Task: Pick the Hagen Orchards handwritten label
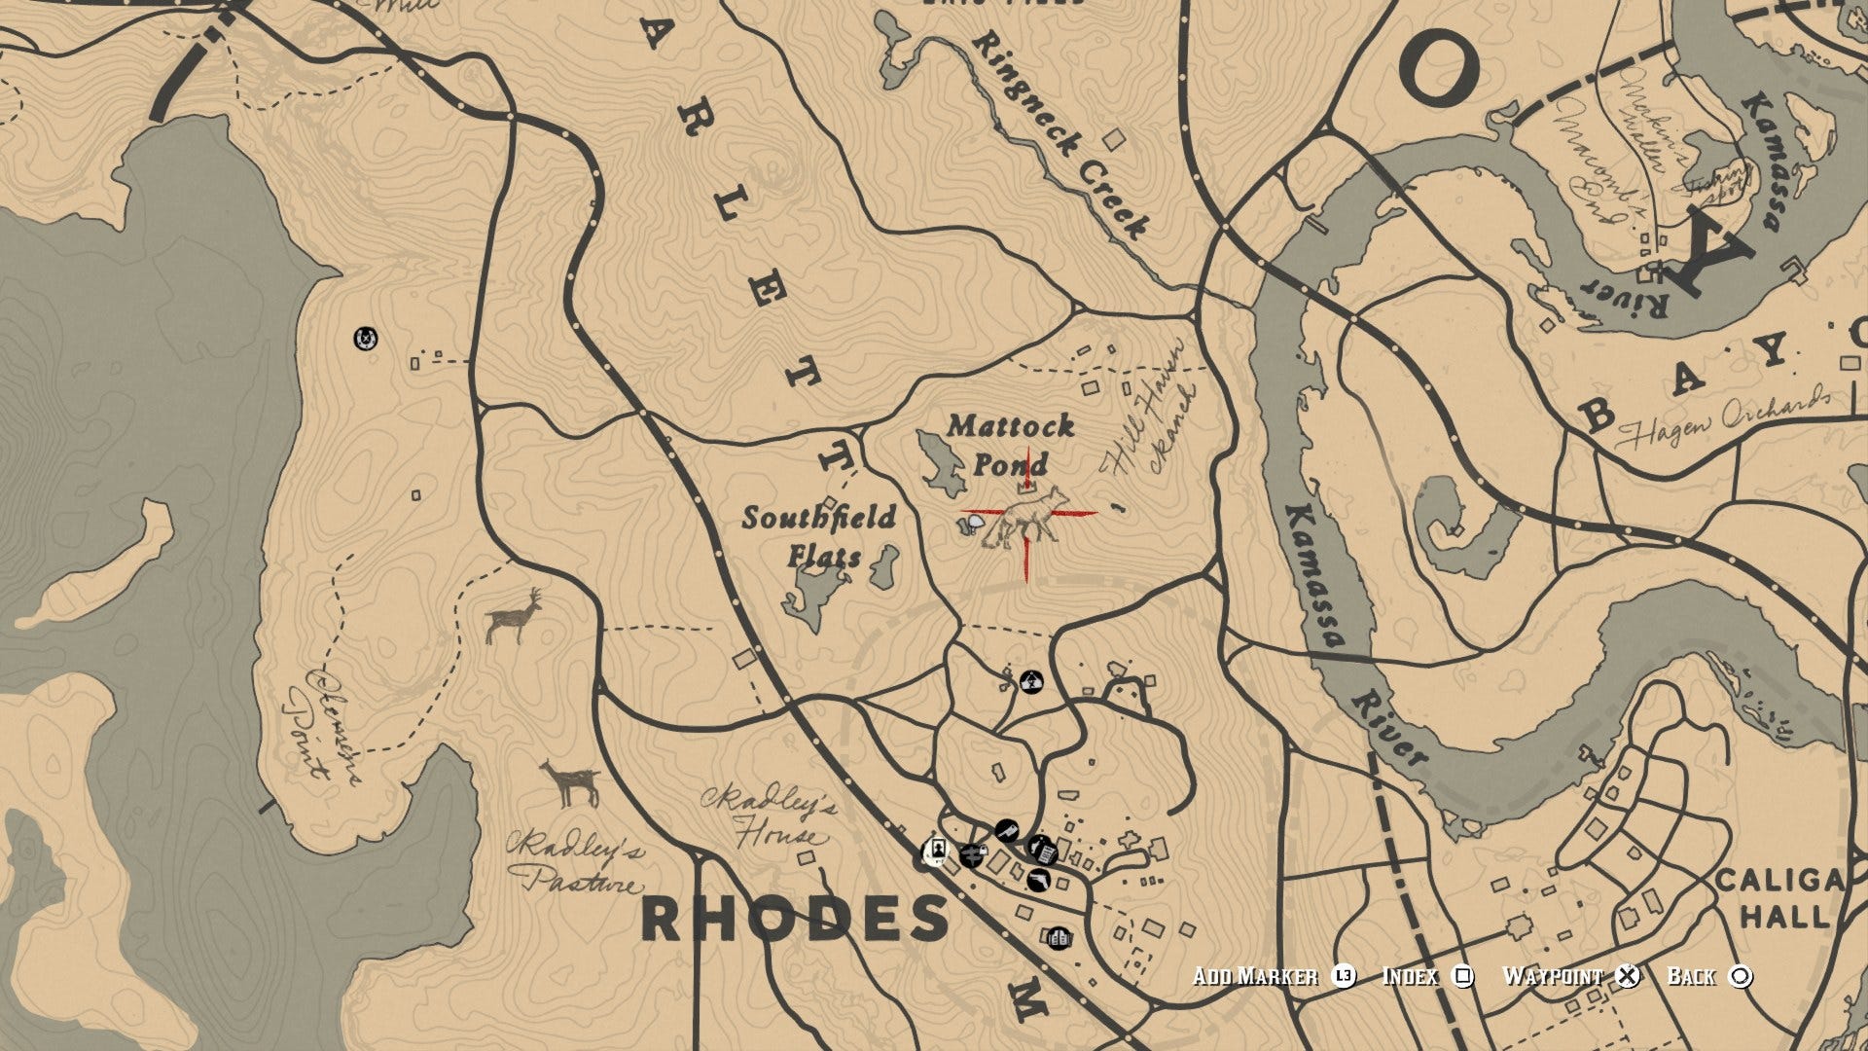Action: [1723, 417]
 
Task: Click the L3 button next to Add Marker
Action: [1344, 976]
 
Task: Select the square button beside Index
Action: [1462, 976]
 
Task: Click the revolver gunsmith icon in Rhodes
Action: [1039, 881]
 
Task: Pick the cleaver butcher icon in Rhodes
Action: [1006, 831]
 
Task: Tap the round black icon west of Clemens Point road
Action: [365, 339]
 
